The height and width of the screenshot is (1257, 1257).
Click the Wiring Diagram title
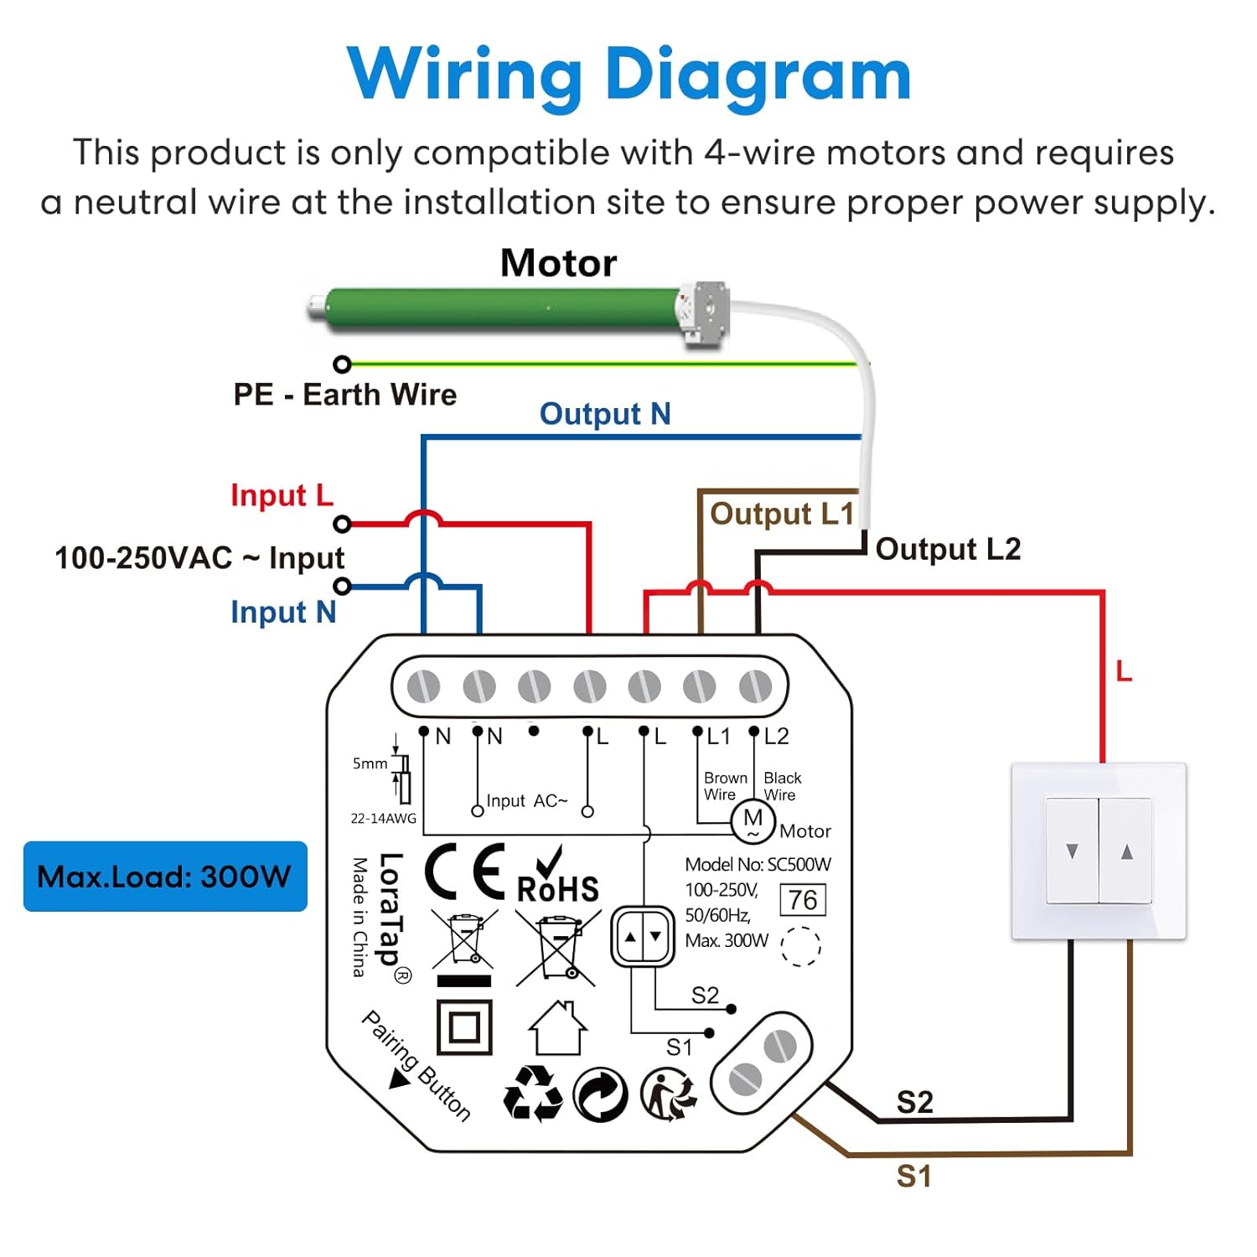pyautogui.click(x=628, y=75)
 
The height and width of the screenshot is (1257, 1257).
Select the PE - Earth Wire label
pyautogui.click(x=344, y=395)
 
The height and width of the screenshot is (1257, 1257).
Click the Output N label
pyautogui.click(x=604, y=414)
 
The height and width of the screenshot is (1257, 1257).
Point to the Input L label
pyautogui.click(x=282, y=495)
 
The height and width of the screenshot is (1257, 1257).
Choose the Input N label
pyautogui.click(x=283, y=613)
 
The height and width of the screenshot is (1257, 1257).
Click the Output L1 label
pyautogui.click(x=781, y=514)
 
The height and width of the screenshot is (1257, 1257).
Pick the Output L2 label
pyautogui.click(x=948, y=550)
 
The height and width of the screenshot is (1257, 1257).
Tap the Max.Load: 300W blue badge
pyautogui.click(x=165, y=877)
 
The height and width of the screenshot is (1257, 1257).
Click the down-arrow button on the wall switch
pyautogui.click(x=1072, y=851)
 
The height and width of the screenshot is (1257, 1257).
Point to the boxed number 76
pyautogui.click(x=803, y=900)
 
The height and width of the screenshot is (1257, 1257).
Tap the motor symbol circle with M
pyautogui.click(x=753, y=821)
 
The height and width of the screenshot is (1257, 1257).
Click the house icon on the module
pyautogui.click(x=557, y=1028)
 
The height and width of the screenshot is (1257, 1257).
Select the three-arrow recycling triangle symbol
pyautogui.click(x=533, y=1094)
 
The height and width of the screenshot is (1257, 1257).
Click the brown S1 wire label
pyautogui.click(x=913, y=1177)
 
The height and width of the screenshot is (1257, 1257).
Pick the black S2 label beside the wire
pyautogui.click(x=914, y=1102)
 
